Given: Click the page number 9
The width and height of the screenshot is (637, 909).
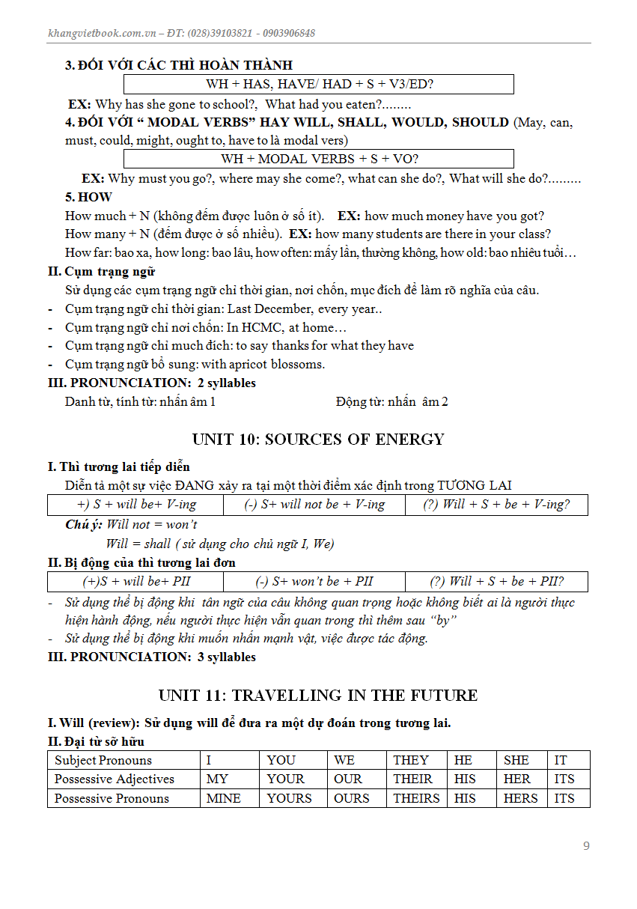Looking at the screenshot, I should pyautogui.click(x=586, y=846).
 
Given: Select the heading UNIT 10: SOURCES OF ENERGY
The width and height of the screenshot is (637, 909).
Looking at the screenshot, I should pyautogui.click(x=318, y=440).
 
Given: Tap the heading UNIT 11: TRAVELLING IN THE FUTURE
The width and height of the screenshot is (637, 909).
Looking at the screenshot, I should pyautogui.click(x=318, y=696).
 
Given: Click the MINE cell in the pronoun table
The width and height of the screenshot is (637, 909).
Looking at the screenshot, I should pyautogui.click(x=224, y=798).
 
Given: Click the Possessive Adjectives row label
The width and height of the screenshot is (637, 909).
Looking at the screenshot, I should pyautogui.click(x=115, y=779).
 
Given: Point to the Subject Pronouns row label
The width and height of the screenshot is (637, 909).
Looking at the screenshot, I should pyautogui.click(x=103, y=760).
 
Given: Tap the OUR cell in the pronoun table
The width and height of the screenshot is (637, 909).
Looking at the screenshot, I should pyautogui.click(x=348, y=779).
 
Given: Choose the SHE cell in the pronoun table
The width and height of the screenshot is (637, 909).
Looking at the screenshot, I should pyautogui.click(x=516, y=760).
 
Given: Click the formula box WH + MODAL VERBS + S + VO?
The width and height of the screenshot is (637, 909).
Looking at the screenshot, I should pyautogui.click(x=319, y=159).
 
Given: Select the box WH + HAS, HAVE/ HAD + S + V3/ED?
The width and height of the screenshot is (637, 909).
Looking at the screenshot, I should pyautogui.click(x=319, y=84).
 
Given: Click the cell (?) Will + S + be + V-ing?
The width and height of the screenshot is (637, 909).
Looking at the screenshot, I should pyautogui.click(x=496, y=505).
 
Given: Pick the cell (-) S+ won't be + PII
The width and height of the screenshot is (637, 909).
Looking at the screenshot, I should pyautogui.click(x=314, y=582).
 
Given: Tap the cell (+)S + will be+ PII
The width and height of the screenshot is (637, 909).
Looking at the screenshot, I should pyautogui.click(x=135, y=582).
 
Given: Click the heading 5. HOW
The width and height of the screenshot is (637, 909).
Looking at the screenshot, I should pyautogui.click(x=88, y=197).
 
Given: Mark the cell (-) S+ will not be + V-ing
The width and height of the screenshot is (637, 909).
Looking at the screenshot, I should pyautogui.click(x=314, y=505).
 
